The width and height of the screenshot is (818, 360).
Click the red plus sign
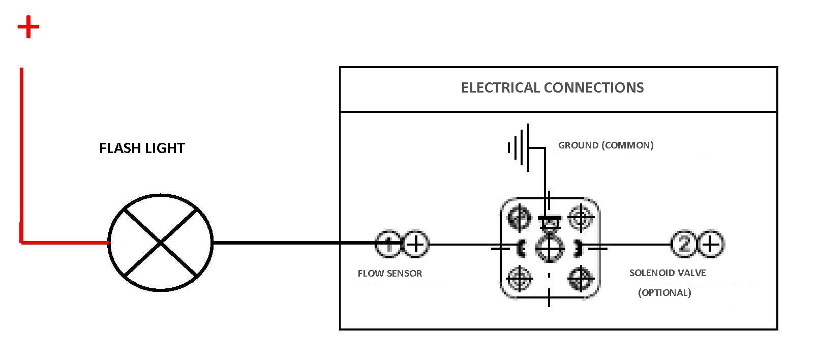(x=28, y=26)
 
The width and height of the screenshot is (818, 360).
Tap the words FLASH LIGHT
(x=142, y=148)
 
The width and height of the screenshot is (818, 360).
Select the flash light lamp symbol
(x=160, y=243)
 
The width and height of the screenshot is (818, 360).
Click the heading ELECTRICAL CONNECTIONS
(x=552, y=87)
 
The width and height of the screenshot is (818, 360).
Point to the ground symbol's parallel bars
(x=519, y=147)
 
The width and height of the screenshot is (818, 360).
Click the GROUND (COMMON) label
(x=606, y=145)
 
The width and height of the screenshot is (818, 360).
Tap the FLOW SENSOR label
(x=389, y=273)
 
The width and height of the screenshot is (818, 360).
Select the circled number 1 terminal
(x=388, y=244)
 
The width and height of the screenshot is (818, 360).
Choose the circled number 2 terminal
(x=685, y=244)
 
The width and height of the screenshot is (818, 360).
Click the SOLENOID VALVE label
(x=668, y=273)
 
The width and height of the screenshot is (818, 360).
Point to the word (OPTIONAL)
(x=664, y=293)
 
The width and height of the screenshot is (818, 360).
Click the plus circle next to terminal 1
(x=415, y=244)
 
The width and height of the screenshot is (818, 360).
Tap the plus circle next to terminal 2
(x=711, y=244)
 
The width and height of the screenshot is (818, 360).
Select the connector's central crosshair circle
(x=550, y=248)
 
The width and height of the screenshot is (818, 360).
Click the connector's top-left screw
(x=519, y=217)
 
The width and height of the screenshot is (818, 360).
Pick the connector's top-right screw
(x=581, y=218)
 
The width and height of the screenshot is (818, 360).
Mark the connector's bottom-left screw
(x=519, y=278)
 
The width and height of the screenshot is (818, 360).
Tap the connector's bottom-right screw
(x=581, y=279)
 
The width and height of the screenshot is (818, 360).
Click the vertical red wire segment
(x=21, y=155)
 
